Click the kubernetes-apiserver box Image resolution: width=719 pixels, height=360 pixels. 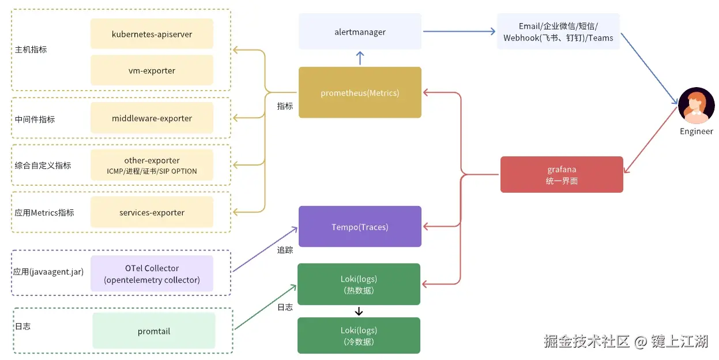tap(152, 33)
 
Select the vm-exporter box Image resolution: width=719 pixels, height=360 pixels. tap(152, 70)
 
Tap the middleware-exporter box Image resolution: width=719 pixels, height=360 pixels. tap(152, 118)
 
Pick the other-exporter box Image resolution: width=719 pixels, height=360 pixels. tap(152, 165)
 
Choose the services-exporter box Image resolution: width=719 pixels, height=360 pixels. tap(152, 212)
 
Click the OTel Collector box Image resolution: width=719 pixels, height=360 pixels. tap(152, 273)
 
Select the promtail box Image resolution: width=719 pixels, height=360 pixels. tap(154, 331)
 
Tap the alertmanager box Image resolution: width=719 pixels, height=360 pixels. tap(360, 32)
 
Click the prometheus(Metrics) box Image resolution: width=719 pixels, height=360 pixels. tap(360, 92)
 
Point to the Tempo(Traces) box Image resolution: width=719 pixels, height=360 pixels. tap(360, 226)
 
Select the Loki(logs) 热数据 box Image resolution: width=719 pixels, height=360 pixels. tap(359, 284)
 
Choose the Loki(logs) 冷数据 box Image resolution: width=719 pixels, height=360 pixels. tap(359, 336)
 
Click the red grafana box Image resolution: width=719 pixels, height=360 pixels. tap(562, 175)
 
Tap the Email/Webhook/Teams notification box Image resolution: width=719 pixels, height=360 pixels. tap(559, 32)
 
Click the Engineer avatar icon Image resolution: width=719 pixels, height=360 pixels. tap(696, 106)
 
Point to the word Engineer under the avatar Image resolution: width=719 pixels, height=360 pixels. tap(696, 132)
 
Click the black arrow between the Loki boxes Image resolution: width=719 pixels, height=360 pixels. tap(359, 311)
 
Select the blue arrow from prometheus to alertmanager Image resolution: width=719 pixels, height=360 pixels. tap(360, 58)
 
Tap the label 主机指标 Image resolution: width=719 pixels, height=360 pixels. tap(31, 50)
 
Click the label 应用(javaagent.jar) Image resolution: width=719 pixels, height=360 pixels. tap(48, 272)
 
